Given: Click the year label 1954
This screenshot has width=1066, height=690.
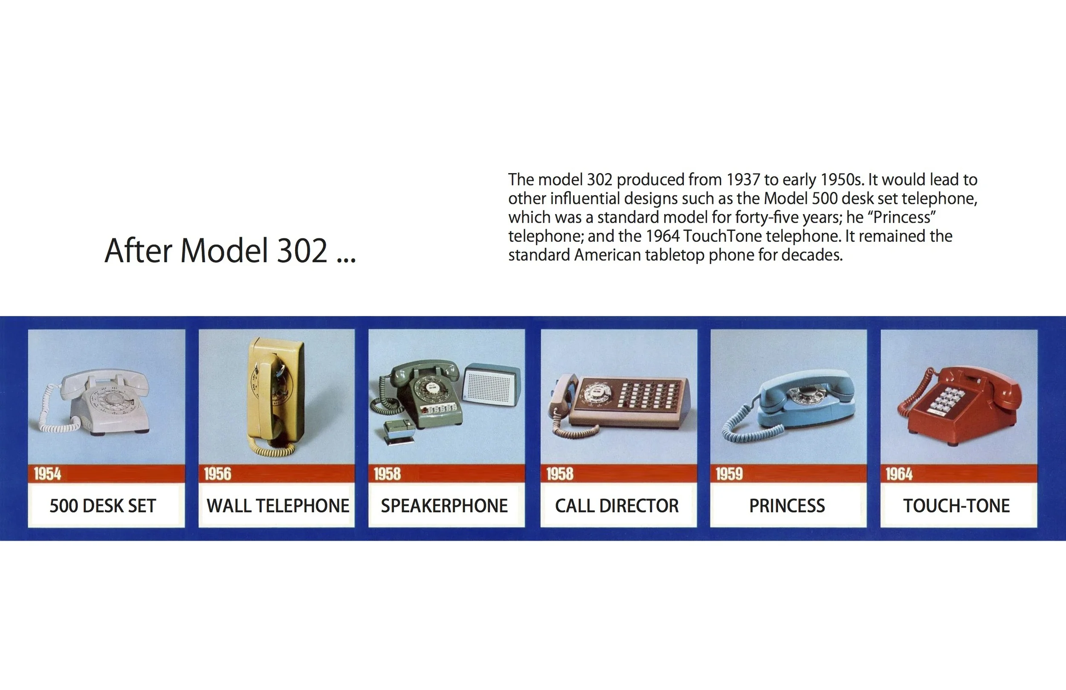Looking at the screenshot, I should tap(47, 474).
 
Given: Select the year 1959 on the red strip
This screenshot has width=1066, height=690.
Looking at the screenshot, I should tap(729, 474).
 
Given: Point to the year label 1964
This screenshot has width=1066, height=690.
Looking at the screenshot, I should tap(898, 474).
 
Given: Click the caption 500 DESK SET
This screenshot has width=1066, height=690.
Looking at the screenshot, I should tap(103, 506).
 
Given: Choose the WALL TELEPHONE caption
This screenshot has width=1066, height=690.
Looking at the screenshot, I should tap(278, 506).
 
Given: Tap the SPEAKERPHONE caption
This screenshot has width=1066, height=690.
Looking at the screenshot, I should tap(444, 506).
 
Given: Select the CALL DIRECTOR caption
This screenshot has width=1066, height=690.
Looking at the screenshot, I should tap(617, 506).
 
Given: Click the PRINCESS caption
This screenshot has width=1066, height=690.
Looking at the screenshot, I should tap(787, 506).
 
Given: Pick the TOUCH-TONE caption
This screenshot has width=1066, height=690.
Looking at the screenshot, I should tap(956, 506).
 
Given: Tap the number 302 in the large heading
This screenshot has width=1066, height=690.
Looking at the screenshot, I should tap(302, 251).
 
